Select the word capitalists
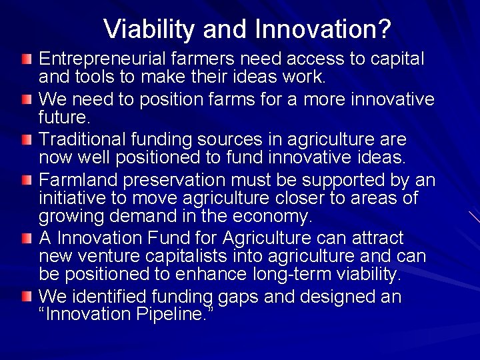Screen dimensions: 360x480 (x=191, y=257)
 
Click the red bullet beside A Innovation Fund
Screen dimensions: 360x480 (x=25, y=239)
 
